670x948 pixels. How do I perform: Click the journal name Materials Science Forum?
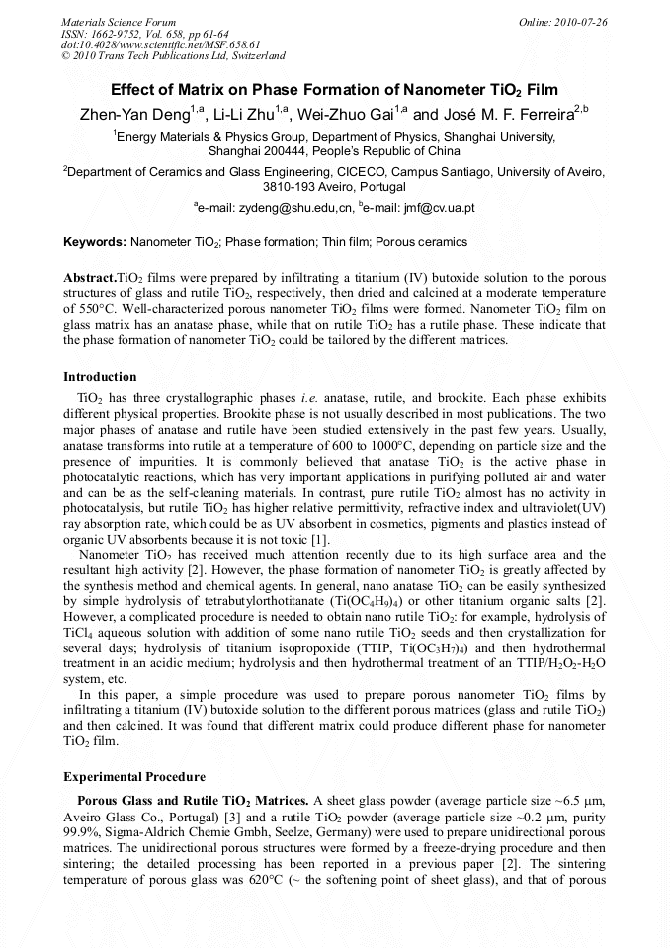(x=119, y=21)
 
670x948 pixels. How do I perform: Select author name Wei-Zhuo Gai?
(x=347, y=115)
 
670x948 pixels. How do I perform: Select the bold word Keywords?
(x=94, y=242)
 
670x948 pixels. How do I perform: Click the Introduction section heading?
(x=100, y=377)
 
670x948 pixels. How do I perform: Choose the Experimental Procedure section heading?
(x=134, y=777)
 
